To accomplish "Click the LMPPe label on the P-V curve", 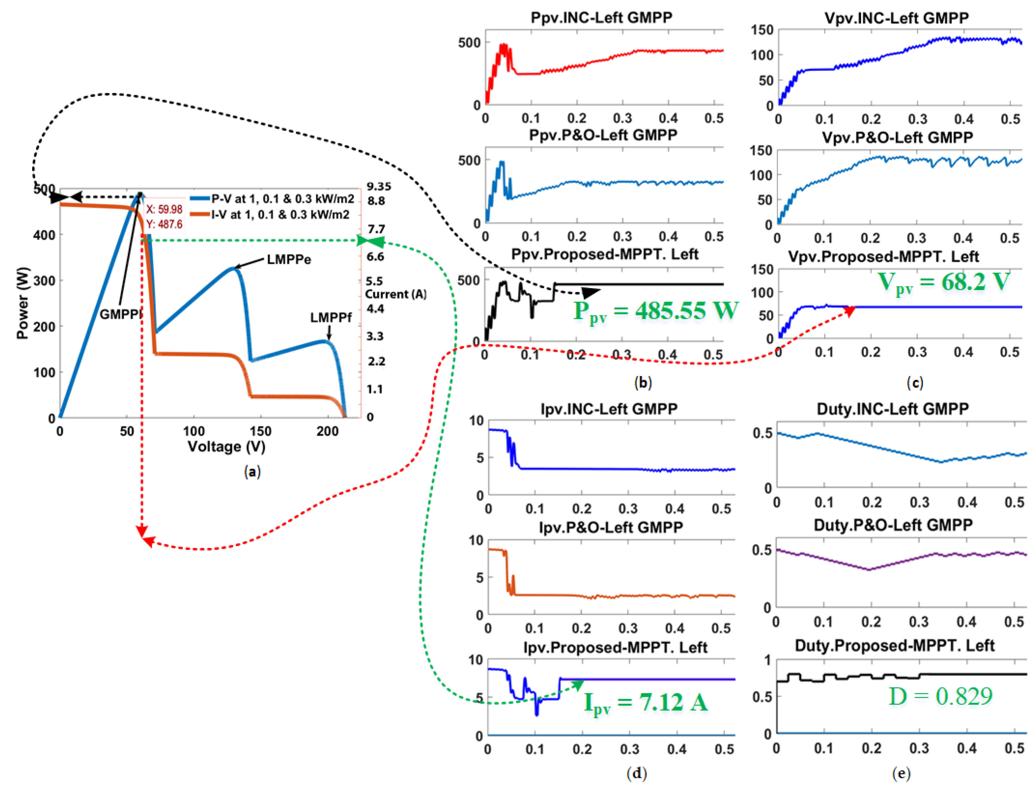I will coord(288,260).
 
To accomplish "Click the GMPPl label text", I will coord(121,314).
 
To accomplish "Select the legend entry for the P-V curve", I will coord(272,199).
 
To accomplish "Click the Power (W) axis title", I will coord(22,303).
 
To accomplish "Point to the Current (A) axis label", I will coord(396,295).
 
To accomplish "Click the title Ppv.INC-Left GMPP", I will coord(601,17).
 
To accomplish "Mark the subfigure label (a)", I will coord(252,471).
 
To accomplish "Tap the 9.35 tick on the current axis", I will coord(379,187).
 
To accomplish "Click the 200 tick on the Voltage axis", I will coord(327,431).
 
